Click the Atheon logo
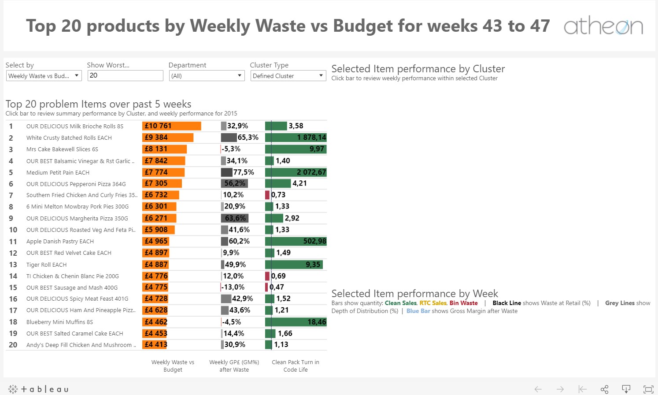[x=603, y=26]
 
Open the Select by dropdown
[x=44, y=76]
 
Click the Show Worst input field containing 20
[x=125, y=75]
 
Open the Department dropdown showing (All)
[x=207, y=76]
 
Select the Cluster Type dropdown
[x=288, y=76]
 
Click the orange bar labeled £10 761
[x=171, y=126]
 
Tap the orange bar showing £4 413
[x=155, y=345]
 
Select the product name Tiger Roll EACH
[x=46, y=265]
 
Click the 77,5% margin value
[x=244, y=172]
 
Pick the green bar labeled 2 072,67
[x=296, y=172]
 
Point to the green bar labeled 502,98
[x=296, y=241]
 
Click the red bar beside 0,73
[x=267, y=195]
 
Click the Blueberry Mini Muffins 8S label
[x=59, y=322]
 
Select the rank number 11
[x=13, y=242]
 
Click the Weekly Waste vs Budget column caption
[x=173, y=366]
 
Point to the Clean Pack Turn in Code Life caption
[x=296, y=366]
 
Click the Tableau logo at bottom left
[x=38, y=389]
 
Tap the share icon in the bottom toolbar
[x=604, y=389]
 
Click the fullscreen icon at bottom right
[x=648, y=389]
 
